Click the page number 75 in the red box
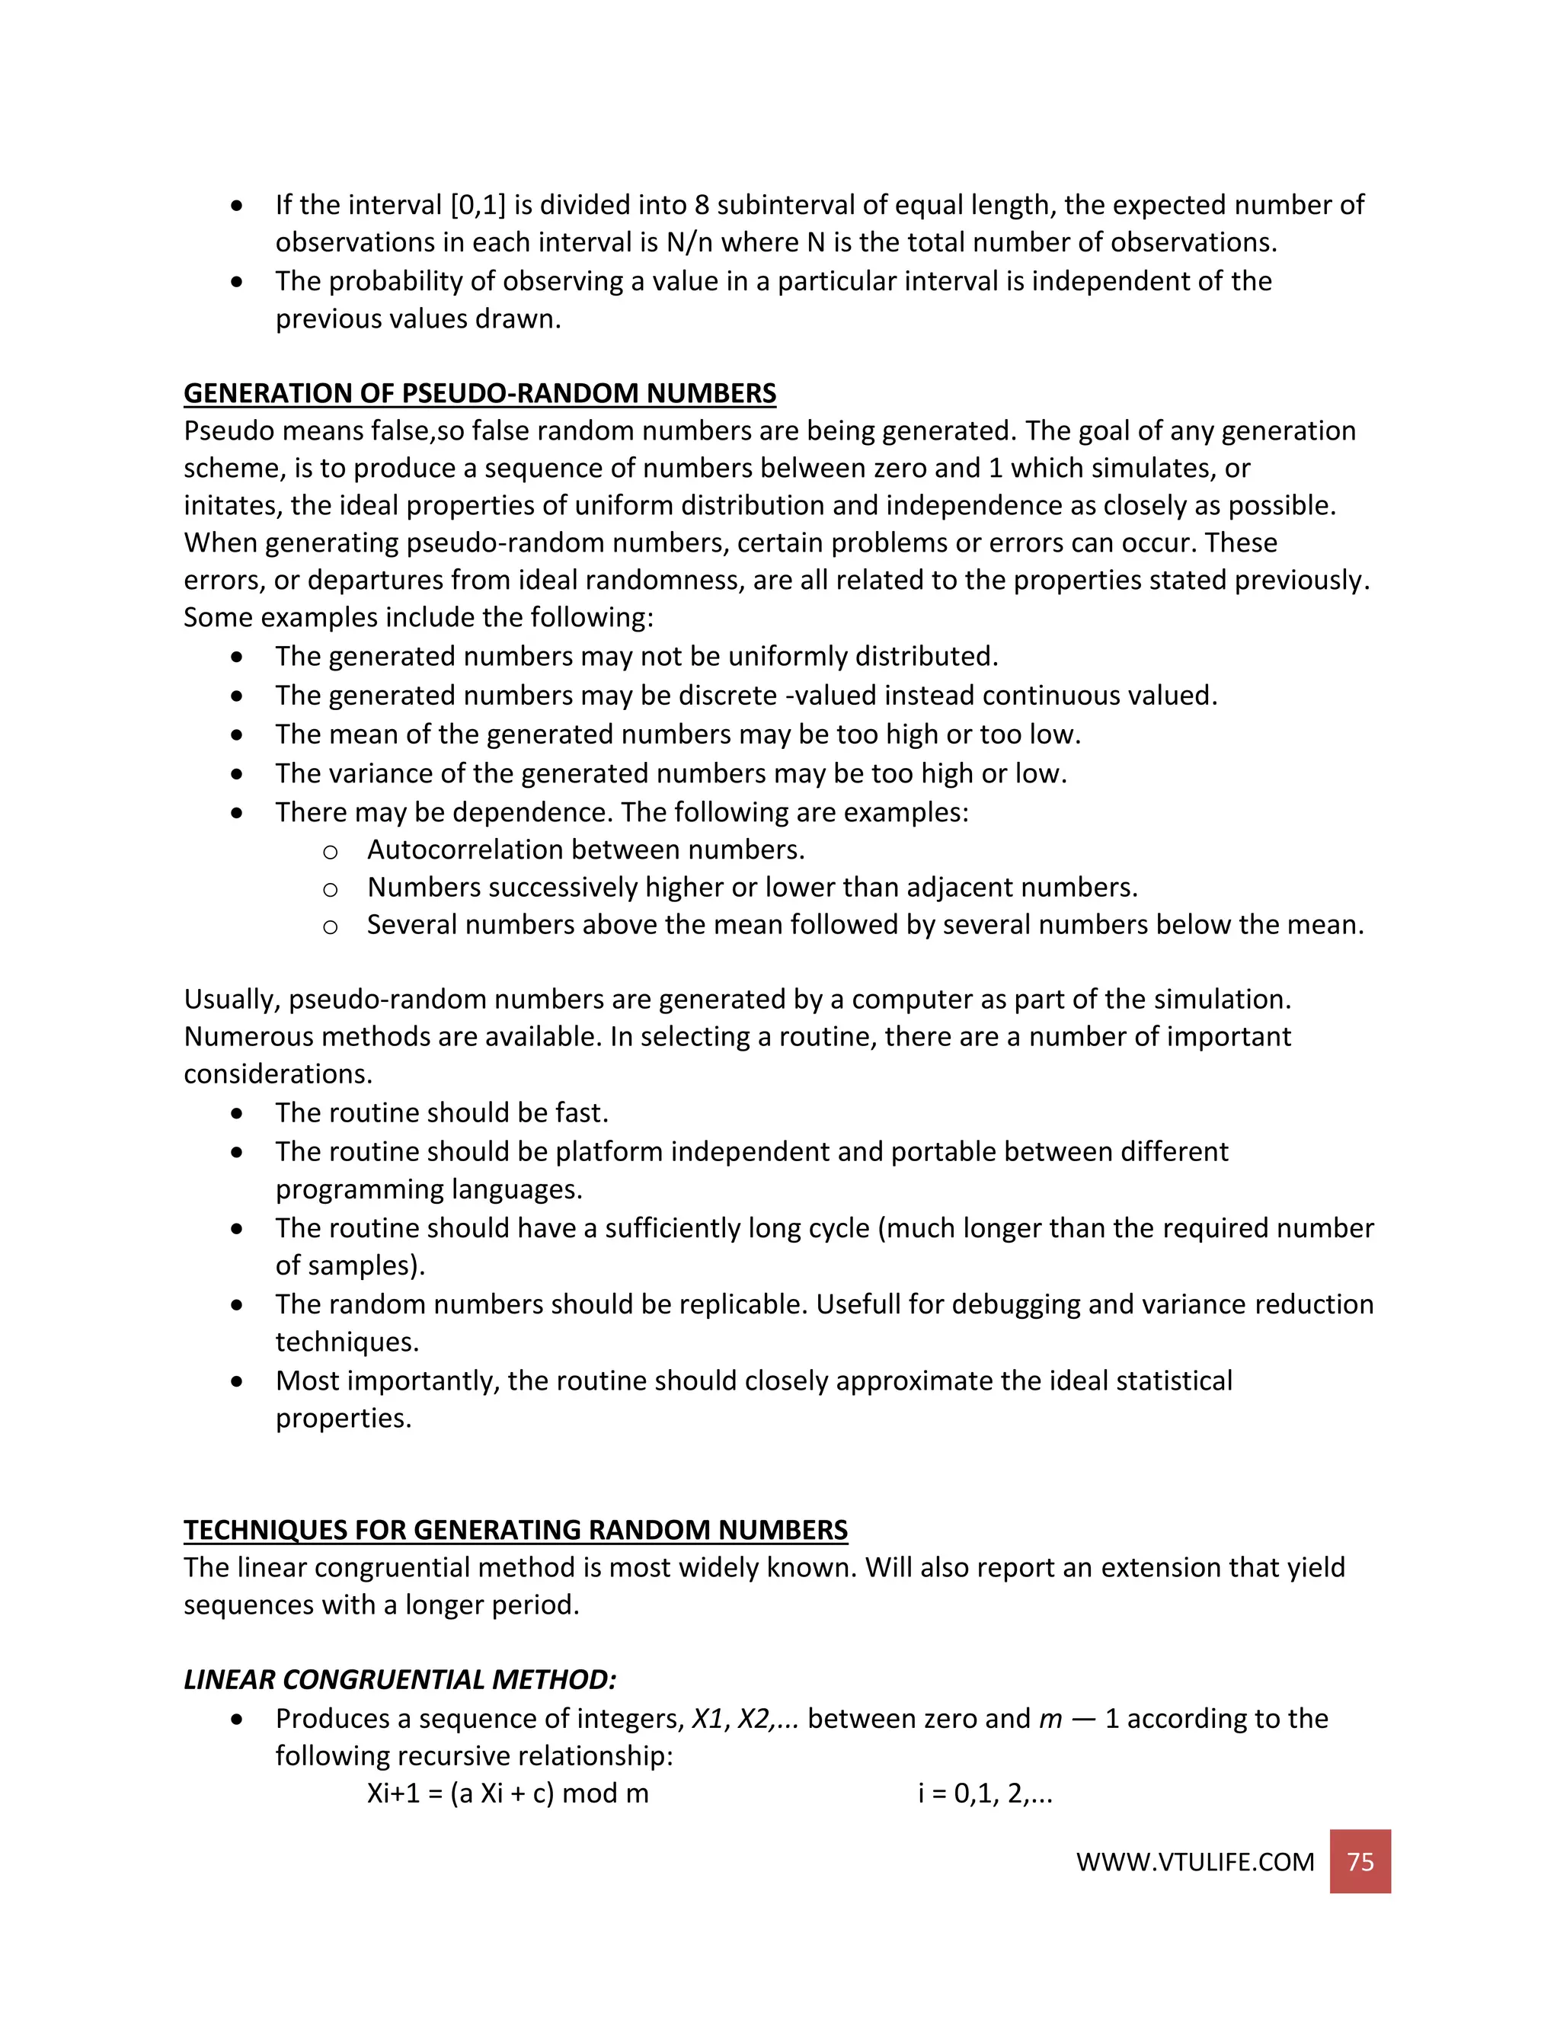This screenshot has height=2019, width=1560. [x=1360, y=1861]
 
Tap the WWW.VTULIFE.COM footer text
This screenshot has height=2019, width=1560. [x=1194, y=1862]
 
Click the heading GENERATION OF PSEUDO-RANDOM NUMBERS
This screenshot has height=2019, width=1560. [x=480, y=393]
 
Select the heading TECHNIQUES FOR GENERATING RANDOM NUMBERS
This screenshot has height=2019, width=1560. [x=515, y=1530]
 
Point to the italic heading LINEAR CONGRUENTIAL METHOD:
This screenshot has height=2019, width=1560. [x=399, y=1680]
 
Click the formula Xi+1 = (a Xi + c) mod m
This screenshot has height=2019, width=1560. [x=507, y=1793]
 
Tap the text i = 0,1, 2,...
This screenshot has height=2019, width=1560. [x=984, y=1793]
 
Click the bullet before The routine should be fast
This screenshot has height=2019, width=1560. [x=238, y=1114]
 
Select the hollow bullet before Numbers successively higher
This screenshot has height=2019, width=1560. [x=330, y=889]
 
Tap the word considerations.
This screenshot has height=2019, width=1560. [x=277, y=1074]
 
